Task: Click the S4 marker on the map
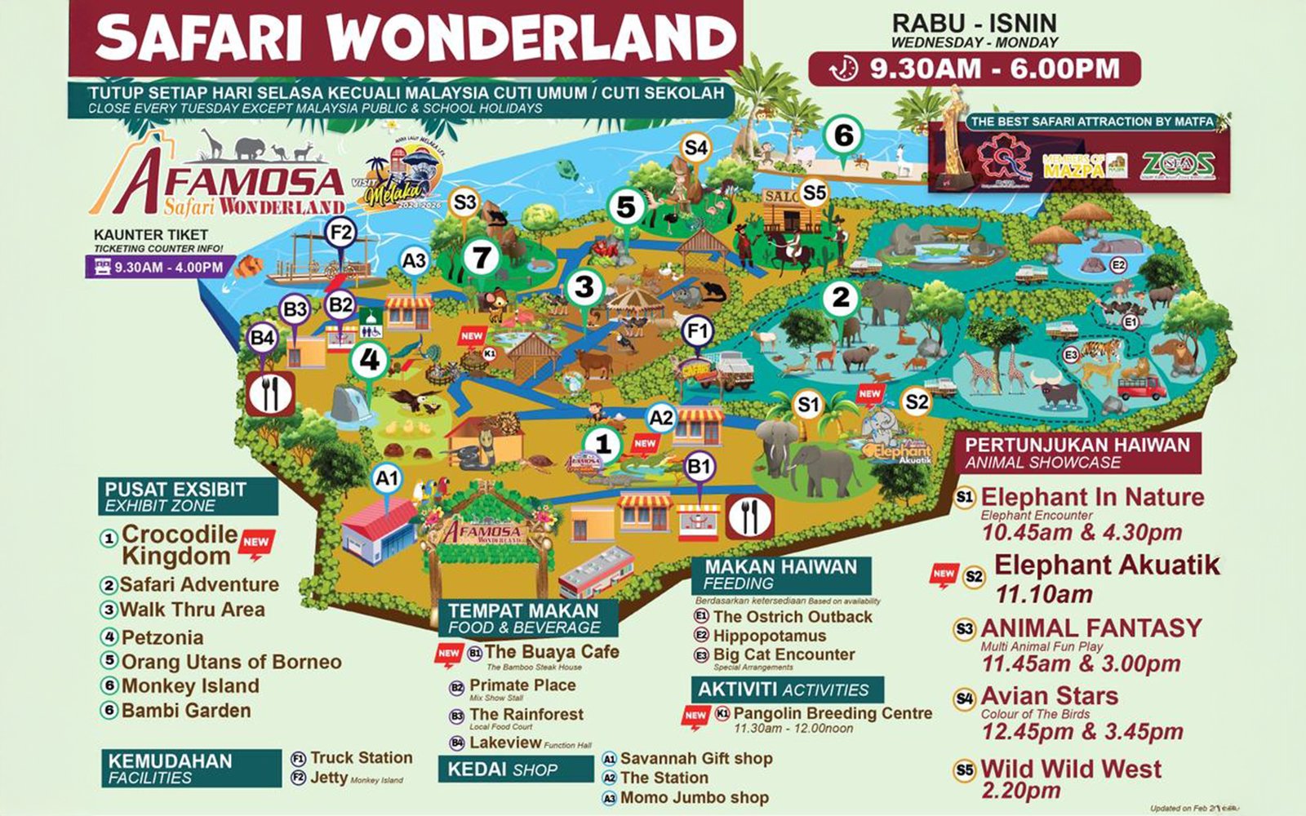point(696,148)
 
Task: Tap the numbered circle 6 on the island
point(843,135)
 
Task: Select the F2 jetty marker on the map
point(340,233)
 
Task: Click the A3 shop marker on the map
point(415,261)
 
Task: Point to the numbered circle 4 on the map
point(370,359)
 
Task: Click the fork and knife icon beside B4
point(270,394)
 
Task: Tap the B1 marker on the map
point(699,468)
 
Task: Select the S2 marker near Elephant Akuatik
point(917,401)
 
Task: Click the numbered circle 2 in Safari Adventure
point(841,298)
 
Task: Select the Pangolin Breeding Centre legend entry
point(832,713)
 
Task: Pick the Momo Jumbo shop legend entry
point(694,797)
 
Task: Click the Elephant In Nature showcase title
point(1092,497)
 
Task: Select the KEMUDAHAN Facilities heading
point(170,768)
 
